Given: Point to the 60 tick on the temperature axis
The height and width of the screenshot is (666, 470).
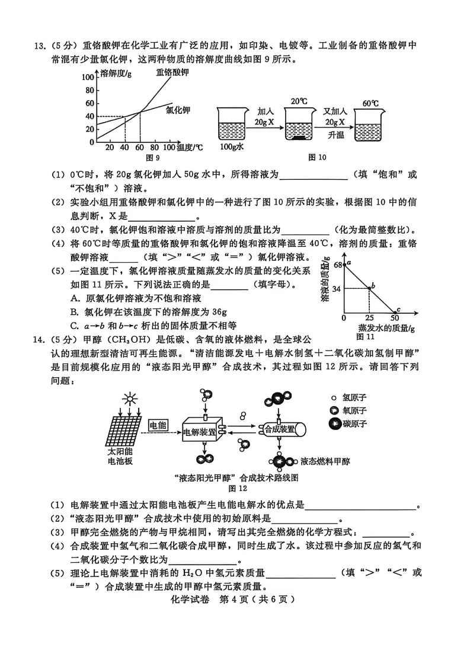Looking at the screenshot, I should pos(140,147).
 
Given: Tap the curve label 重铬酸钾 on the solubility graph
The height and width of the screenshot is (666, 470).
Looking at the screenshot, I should pos(172,72).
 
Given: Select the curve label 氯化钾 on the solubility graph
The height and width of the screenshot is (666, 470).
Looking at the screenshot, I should pos(178,110).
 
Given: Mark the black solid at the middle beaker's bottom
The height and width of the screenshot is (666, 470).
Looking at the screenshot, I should pos(300,138).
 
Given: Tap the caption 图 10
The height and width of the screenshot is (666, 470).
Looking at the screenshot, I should pos(317,157).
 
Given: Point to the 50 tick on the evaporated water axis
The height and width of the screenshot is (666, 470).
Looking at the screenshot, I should pos(395,319).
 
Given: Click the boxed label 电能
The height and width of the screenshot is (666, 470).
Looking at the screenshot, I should pos(158,425).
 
